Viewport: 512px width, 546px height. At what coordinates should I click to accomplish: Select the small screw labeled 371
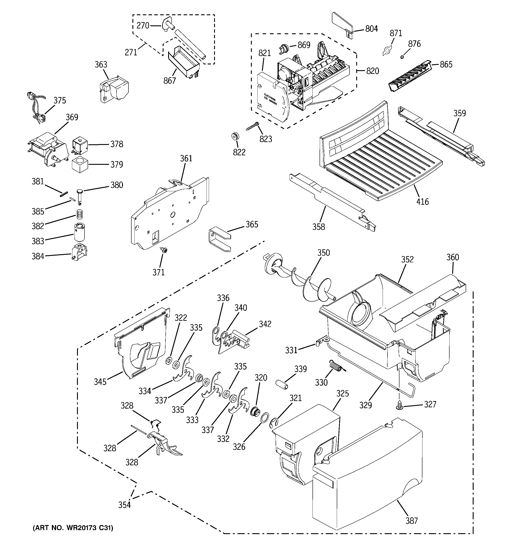pyautogui.click(x=164, y=250)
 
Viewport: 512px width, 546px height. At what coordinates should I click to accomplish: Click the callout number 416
pyautogui.click(x=422, y=202)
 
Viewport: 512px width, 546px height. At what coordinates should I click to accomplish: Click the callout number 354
pyautogui.click(x=124, y=505)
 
